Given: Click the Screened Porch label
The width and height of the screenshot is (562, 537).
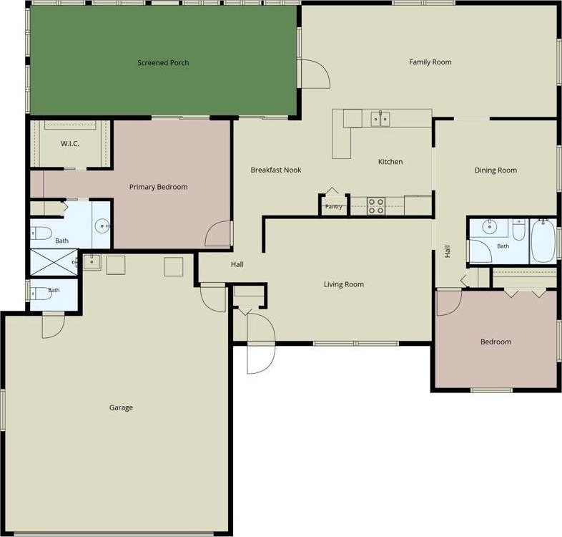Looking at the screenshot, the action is tap(163, 63).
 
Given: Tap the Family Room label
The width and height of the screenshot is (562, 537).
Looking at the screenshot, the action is tap(430, 62).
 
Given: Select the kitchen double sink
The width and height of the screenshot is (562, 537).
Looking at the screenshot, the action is tap(380, 119).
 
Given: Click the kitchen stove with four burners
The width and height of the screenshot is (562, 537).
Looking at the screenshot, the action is tap(376, 206).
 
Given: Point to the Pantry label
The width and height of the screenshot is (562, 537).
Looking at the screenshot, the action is tap(333, 207).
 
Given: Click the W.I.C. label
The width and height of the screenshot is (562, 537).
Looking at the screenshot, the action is tap(70, 144).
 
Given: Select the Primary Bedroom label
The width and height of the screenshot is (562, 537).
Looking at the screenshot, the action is tap(159, 187).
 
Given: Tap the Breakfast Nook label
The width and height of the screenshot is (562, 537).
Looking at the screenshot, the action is tap(276, 170).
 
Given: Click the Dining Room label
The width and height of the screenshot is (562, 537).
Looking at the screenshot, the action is tap(496, 170).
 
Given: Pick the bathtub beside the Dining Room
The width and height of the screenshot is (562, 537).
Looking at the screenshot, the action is tap(543, 241).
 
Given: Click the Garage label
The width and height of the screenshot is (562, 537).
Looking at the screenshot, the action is tap(121, 408).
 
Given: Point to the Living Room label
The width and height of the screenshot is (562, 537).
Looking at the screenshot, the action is tap(344, 285).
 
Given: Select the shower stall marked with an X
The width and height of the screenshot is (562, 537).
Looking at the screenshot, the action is tap(54, 262).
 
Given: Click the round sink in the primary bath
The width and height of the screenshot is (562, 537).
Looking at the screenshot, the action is tap(102, 226).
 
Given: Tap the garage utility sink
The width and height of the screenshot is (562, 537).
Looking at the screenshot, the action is tap(92, 262).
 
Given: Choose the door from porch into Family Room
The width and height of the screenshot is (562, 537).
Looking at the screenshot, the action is tap(315, 74).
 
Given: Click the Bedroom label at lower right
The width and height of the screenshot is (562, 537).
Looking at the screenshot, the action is tap(496, 342).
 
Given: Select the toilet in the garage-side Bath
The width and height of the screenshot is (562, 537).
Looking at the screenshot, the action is tap(40, 294).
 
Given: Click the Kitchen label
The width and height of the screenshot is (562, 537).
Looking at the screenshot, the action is tap(390, 162).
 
